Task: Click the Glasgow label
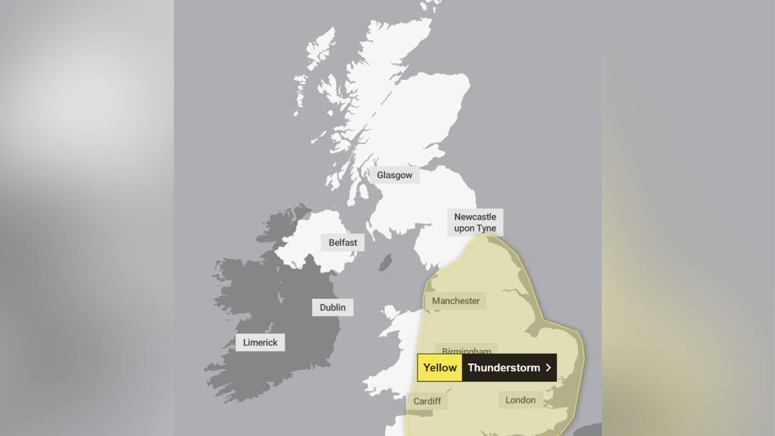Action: [395, 175]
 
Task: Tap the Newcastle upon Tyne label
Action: [475, 222]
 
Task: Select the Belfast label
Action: [343, 242]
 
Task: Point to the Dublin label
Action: [332, 307]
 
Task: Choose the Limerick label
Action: [260, 343]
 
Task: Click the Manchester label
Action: [456, 301]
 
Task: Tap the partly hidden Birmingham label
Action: [466, 350]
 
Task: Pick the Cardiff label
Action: [427, 401]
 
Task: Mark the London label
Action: [520, 400]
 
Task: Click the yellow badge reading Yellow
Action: [440, 367]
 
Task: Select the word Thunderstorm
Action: [504, 367]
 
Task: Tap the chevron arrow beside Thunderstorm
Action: [548, 367]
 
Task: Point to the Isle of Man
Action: [386, 262]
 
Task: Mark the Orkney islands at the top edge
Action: [429, 6]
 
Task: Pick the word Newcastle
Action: [475, 217]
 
